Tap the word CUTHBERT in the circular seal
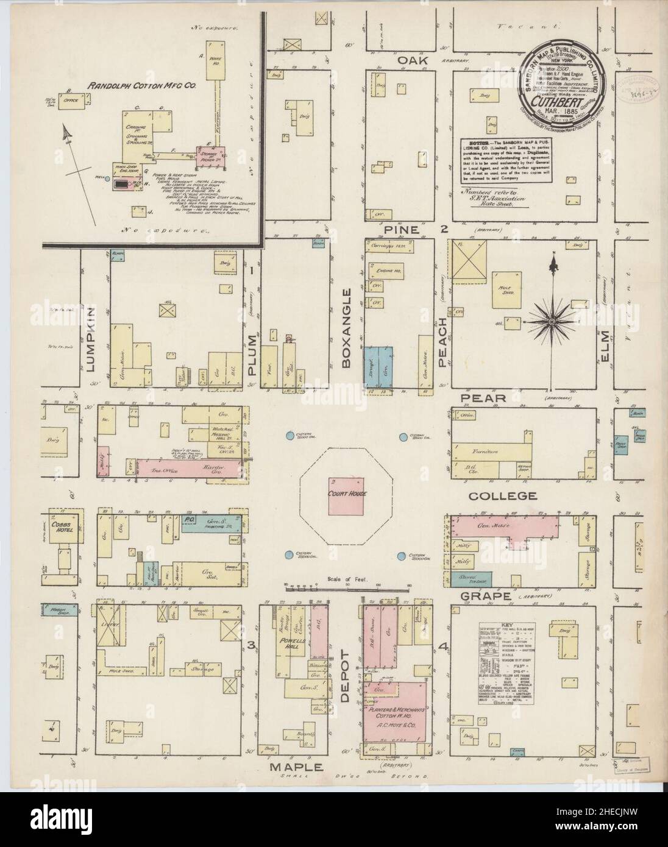pos(561,103)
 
